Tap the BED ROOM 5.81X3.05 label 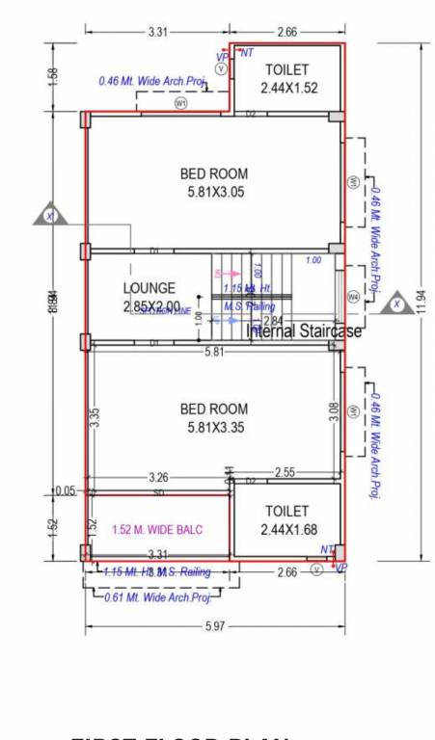[x=214, y=183]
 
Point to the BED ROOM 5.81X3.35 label [x=214, y=418]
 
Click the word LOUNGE [x=150, y=288]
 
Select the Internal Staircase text [x=304, y=331]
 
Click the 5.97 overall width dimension [x=215, y=627]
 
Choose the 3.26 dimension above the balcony [x=159, y=477]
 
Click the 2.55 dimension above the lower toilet [x=285, y=472]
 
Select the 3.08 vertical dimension [x=334, y=412]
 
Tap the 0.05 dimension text [x=65, y=490]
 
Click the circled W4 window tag [x=353, y=298]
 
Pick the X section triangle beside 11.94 [x=395, y=304]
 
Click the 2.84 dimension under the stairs [x=273, y=321]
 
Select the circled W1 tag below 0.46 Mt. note [x=179, y=102]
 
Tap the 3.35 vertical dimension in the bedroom [x=94, y=416]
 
